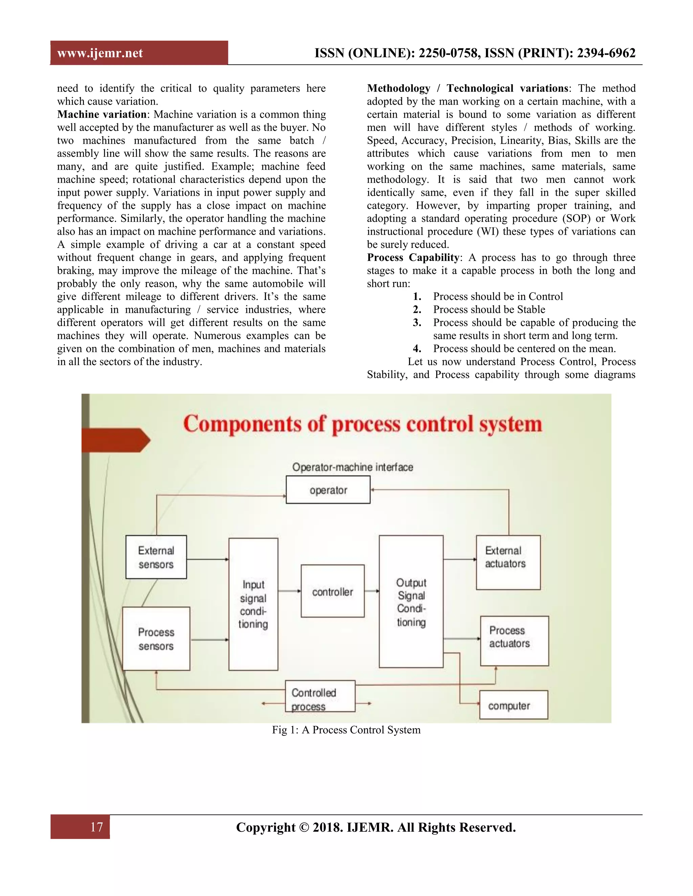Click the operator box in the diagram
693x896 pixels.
pyautogui.click(x=328, y=490)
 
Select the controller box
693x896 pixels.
pyautogui.click(x=333, y=591)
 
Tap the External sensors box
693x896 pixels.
pyautogui.click(x=156, y=557)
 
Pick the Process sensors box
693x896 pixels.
pyautogui.click(x=156, y=638)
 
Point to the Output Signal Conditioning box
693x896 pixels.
pyautogui.click(x=411, y=602)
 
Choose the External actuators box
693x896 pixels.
pyautogui.click(x=508, y=562)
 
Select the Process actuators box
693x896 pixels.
pyautogui.click(x=514, y=640)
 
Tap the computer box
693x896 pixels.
pyautogui.click(x=514, y=705)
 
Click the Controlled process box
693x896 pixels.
pyautogui.click(x=320, y=699)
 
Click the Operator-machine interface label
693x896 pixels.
pyautogui.click(x=353, y=467)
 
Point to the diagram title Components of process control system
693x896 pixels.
pyautogui.click(x=362, y=424)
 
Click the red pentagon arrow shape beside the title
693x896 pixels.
pyautogui.click(x=115, y=440)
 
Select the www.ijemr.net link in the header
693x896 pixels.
pyautogui.click(x=100, y=53)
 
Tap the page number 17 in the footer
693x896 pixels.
pyautogui.click(x=96, y=827)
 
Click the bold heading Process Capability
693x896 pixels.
pyautogui.click(x=412, y=257)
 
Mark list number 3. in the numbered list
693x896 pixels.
pyautogui.click(x=417, y=323)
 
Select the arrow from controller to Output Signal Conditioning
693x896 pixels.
pyautogui.click(x=372, y=591)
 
